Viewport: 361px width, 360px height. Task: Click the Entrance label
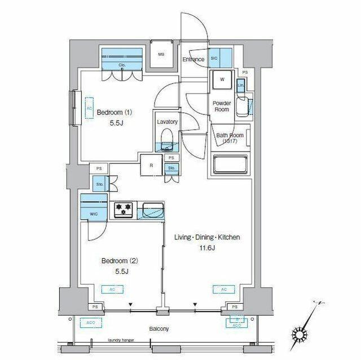click(x=193, y=60)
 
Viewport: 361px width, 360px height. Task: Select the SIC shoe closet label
click(x=214, y=58)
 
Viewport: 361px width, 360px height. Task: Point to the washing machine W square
click(x=222, y=80)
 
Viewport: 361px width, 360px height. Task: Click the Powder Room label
click(x=222, y=106)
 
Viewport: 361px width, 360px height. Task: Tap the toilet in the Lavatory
click(x=167, y=138)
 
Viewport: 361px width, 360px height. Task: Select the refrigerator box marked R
click(x=152, y=166)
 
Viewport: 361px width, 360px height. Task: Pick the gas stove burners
click(x=124, y=210)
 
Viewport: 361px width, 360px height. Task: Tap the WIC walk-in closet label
click(x=94, y=214)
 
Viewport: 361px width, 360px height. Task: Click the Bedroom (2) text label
click(x=120, y=261)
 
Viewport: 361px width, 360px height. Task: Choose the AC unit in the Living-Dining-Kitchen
click(x=223, y=290)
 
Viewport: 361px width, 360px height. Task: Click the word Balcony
click(x=159, y=329)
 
